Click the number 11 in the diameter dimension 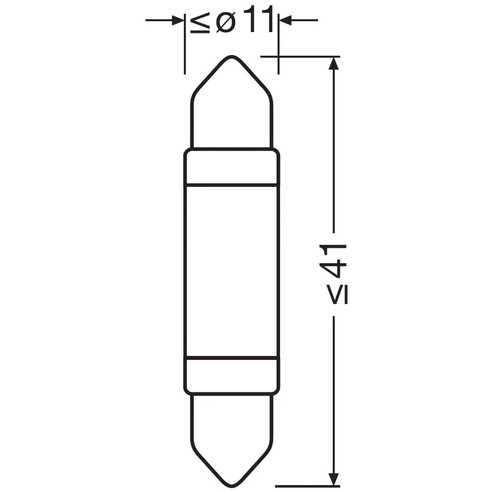click(x=258, y=19)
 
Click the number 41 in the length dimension click(x=333, y=261)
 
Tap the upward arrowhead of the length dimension click(x=333, y=63)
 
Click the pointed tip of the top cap click(x=232, y=56)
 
